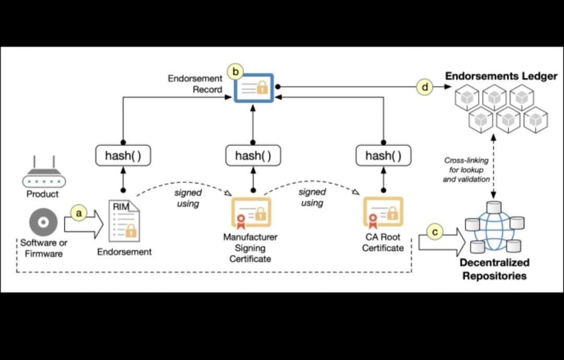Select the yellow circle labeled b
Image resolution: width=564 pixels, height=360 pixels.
tap(237, 69)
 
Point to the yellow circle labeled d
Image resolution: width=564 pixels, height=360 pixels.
tap(425, 87)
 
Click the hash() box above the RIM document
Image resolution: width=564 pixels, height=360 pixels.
tap(123, 155)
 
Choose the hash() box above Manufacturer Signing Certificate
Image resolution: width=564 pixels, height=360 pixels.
tap(253, 155)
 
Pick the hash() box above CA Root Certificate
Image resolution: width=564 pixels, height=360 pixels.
tap(383, 155)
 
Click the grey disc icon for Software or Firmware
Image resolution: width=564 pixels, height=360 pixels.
tap(43, 223)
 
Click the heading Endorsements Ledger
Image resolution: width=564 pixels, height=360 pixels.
tap(501, 76)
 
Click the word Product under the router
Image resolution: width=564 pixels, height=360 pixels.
tap(43, 194)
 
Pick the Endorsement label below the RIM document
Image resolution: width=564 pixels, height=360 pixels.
tap(124, 252)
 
